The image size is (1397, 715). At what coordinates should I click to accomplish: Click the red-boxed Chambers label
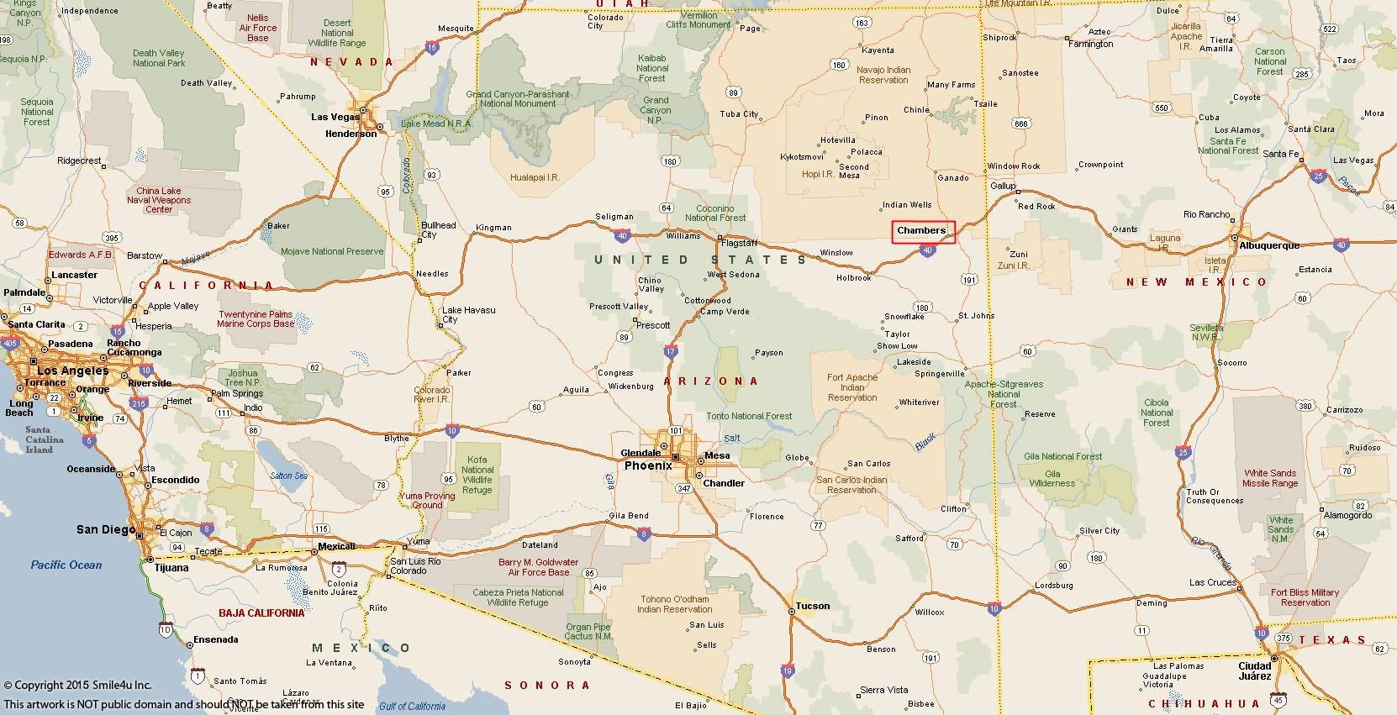click(x=923, y=231)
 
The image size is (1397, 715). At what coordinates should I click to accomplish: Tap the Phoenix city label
click(x=648, y=465)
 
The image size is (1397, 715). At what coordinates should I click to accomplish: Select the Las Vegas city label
click(x=335, y=117)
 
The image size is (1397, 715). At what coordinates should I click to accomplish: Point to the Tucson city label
click(x=813, y=606)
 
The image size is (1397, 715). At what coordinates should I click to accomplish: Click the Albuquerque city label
click(x=1269, y=245)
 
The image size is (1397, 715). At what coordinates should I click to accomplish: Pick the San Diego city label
click(x=104, y=529)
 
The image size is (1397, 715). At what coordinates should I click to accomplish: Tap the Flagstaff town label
click(x=740, y=243)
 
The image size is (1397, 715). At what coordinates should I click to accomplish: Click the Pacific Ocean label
click(x=66, y=565)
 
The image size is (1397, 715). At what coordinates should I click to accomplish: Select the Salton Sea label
click(x=288, y=476)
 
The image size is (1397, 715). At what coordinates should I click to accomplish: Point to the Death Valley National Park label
click(x=159, y=58)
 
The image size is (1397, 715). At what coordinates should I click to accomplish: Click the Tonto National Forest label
click(x=749, y=416)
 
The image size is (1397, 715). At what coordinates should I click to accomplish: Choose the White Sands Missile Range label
click(x=1270, y=478)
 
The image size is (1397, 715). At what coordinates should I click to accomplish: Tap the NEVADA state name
click(x=351, y=62)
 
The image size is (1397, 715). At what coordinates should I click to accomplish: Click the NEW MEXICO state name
click(x=1196, y=282)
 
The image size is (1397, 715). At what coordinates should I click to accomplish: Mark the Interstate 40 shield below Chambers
click(x=927, y=250)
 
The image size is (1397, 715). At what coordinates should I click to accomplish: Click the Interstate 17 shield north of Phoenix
click(x=670, y=351)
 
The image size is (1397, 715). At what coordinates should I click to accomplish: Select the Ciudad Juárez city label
click(x=1255, y=670)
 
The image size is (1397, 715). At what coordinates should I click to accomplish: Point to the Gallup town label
click(x=1003, y=186)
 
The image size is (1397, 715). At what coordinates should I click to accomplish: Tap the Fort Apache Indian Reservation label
click(x=851, y=387)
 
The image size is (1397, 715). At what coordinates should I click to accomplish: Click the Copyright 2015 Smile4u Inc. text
click(x=77, y=686)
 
